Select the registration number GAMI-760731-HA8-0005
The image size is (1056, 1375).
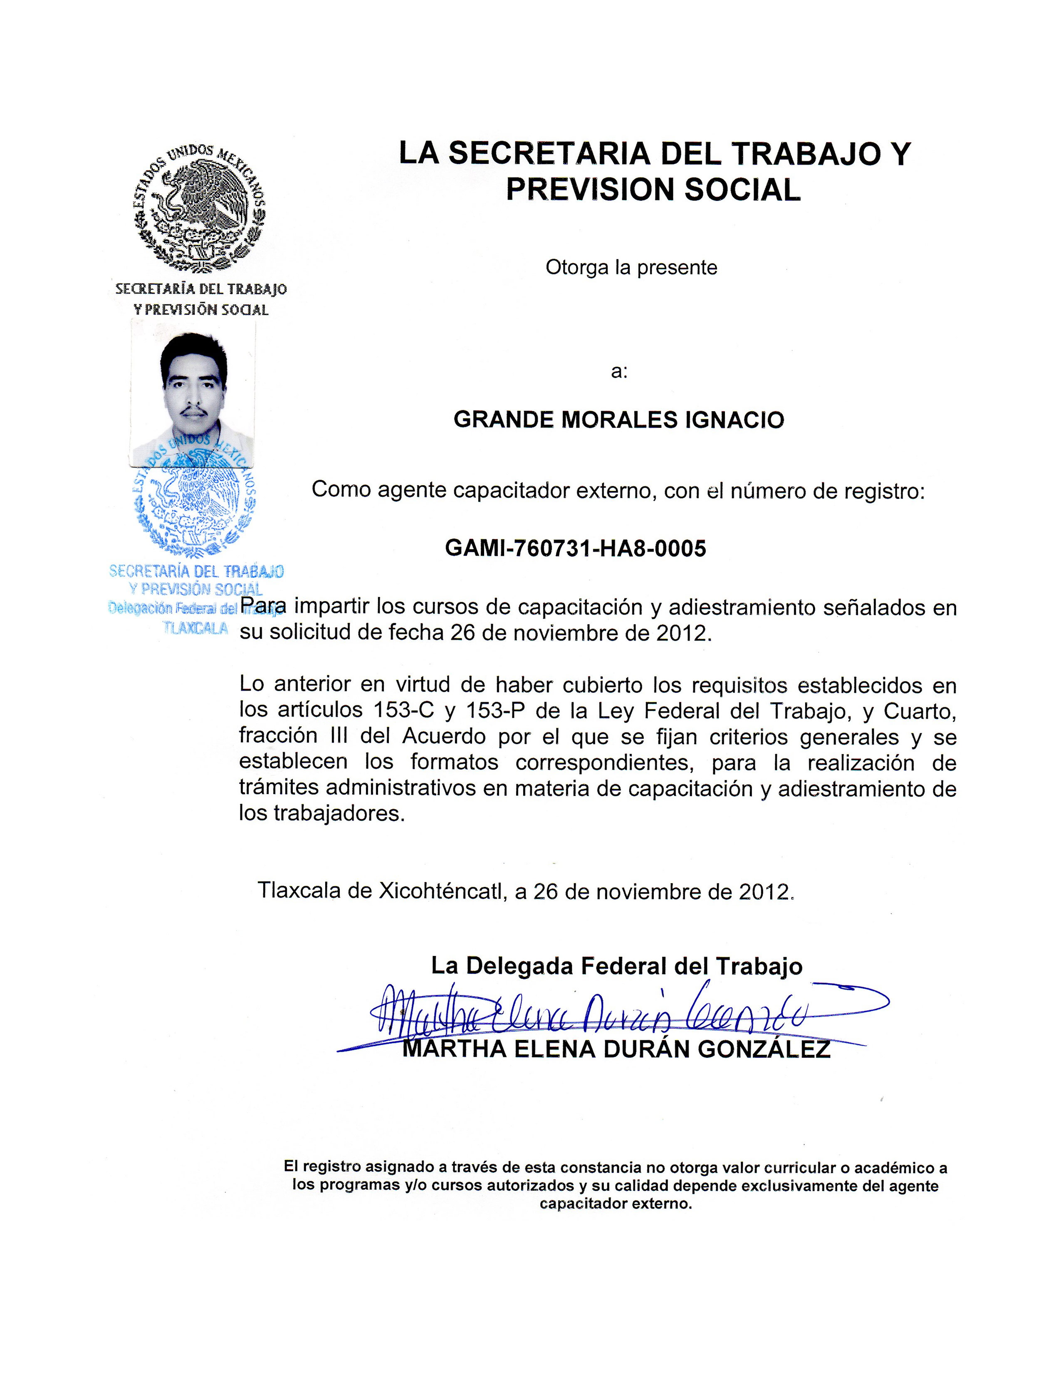click(575, 548)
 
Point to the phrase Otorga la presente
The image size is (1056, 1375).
click(631, 268)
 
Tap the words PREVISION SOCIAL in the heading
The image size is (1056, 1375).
click(654, 189)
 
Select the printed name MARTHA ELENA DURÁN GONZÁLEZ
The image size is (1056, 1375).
click(616, 1049)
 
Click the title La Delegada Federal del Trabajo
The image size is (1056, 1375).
click(616, 966)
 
